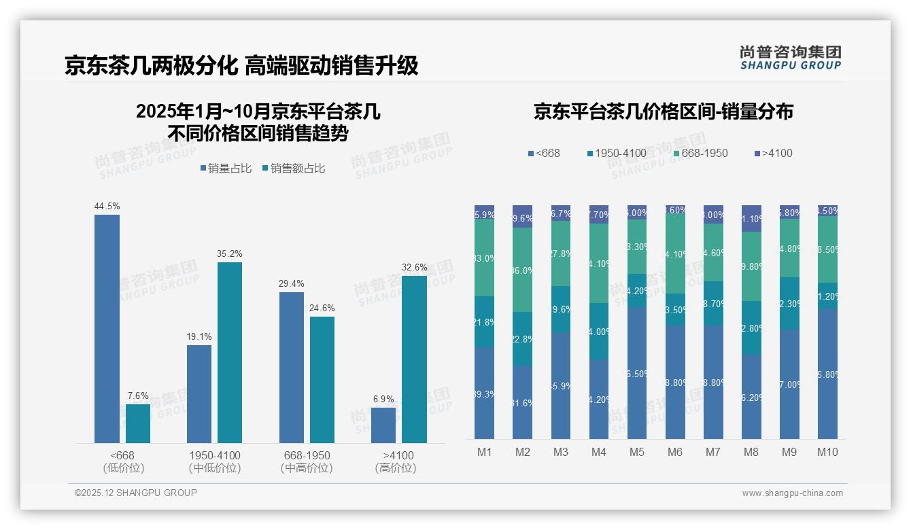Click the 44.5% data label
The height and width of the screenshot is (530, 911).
[x=107, y=206]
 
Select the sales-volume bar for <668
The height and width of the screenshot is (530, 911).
[x=107, y=329]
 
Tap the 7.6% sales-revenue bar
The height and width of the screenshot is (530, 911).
[x=138, y=423]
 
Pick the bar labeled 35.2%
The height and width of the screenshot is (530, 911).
[x=230, y=353]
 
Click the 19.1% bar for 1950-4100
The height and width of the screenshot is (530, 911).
[x=199, y=394]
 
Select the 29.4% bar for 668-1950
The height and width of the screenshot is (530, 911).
[x=291, y=368]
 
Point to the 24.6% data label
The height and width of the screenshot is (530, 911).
[x=322, y=308]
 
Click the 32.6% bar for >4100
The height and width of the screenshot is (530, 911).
[x=414, y=359]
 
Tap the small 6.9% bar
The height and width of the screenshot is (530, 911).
[x=383, y=425]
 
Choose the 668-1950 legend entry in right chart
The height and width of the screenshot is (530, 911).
[x=700, y=153]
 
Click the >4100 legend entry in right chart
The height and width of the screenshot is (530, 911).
[x=773, y=153]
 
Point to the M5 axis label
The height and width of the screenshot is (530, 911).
[x=637, y=452]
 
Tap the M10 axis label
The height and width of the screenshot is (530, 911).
[x=827, y=452]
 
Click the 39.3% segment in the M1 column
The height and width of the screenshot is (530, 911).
[x=484, y=393]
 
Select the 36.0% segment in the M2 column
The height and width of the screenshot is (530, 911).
[x=522, y=270]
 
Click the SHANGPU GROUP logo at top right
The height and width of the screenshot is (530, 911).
[x=790, y=58]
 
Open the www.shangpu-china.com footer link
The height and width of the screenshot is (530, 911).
[x=792, y=493]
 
